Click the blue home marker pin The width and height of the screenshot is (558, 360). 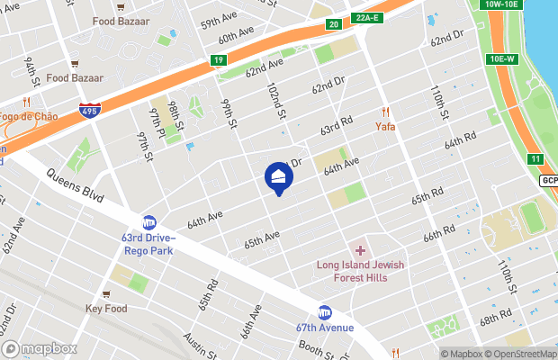(x=278, y=177)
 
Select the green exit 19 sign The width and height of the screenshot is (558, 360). (x=218, y=60)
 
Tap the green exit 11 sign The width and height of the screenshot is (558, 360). (x=535, y=159)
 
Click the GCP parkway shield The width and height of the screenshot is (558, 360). (x=550, y=180)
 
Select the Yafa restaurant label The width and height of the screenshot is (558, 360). (x=386, y=126)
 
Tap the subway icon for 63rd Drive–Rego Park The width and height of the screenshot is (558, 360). (x=149, y=222)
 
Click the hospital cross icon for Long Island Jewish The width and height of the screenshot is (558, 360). (x=361, y=250)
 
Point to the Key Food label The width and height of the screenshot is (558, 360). (x=106, y=309)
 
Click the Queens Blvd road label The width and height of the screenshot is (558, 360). (x=73, y=184)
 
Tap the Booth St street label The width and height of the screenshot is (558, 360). (x=319, y=347)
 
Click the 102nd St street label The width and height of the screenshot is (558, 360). (x=275, y=102)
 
